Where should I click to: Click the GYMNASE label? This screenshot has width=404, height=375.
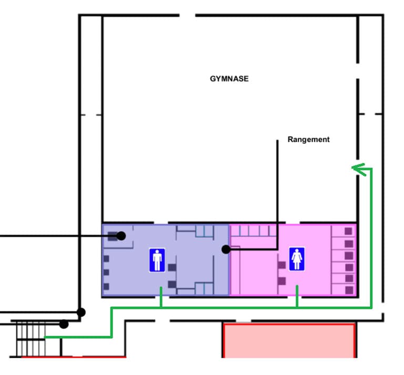(x=229, y=79)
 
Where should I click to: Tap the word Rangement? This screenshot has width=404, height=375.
(x=308, y=139)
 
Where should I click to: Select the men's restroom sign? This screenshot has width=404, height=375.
(x=157, y=260)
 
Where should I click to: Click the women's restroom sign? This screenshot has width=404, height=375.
(x=297, y=259)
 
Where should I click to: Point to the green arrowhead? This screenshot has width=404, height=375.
(x=359, y=169)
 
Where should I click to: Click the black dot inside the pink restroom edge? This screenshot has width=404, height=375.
(x=226, y=249)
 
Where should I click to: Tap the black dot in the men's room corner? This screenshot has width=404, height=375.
(x=121, y=236)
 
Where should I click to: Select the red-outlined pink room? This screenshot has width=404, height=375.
(x=289, y=340)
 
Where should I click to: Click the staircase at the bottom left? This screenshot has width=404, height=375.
(x=31, y=339)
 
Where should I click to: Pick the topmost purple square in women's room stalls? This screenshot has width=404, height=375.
(x=348, y=231)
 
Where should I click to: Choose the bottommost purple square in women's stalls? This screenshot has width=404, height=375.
(x=349, y=290)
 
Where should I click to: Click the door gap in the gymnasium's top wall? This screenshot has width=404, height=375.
(x=187, y=15)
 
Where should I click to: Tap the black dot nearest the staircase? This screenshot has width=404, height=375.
(x=64, y=324)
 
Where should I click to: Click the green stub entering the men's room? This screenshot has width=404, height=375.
(x=161, y=297)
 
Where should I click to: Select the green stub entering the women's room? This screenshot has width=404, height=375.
(x=297, y=296)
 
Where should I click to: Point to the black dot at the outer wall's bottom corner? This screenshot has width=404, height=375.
(x=81, y=312)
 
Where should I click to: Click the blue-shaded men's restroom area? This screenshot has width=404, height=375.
(x=144, y=278)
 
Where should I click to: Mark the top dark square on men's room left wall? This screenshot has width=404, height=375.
(x=106, y=259)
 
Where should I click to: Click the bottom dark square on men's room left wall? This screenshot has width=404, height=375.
(x=106, y=287)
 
